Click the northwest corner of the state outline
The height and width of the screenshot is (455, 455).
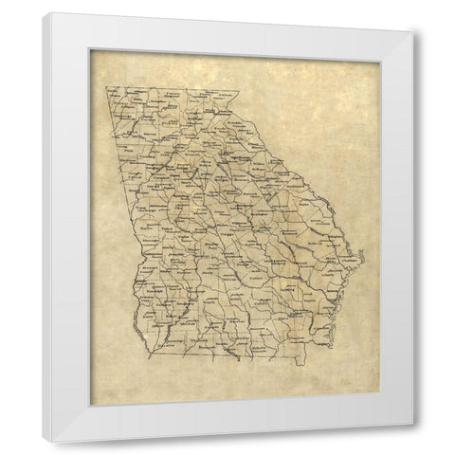click(x=105, y=87)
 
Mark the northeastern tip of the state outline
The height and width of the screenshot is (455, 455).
click(x=242, y=93)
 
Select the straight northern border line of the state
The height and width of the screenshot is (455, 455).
click(x=171, y=90)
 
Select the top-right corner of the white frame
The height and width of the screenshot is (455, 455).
click(x=413, y=34)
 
